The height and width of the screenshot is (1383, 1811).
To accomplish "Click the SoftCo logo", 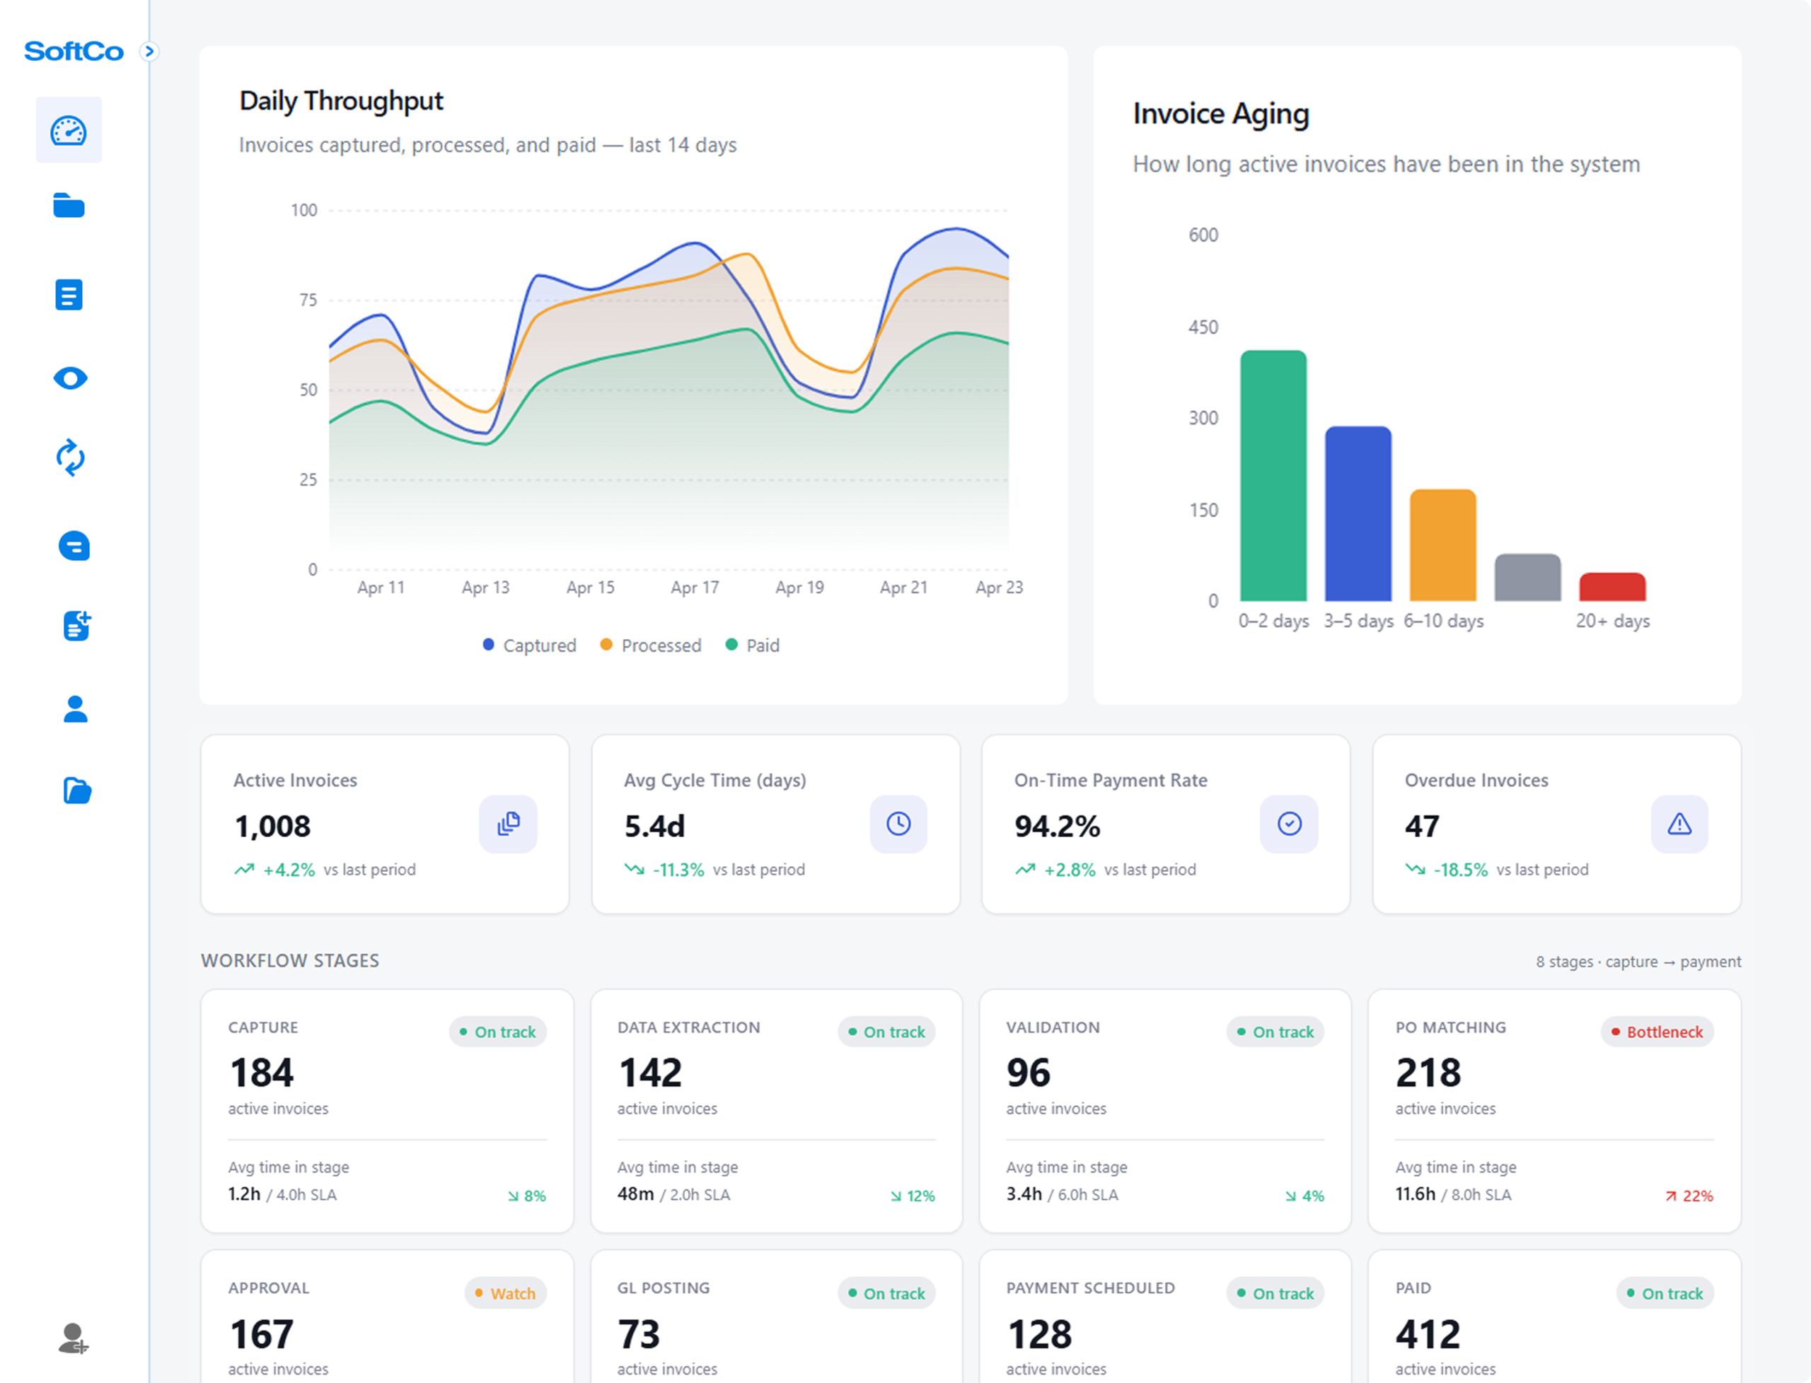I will click(x=74, y=51).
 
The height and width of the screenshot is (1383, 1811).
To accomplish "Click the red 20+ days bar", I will click(x=1612, y=587).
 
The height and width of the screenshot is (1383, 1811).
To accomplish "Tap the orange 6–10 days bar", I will click(x=1443, y=545).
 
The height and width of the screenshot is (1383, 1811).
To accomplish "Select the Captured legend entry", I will click(x=530, y=646).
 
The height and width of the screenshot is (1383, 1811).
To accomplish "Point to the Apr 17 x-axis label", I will click(x=694, y=588).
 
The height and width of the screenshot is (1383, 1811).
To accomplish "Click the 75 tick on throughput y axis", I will click(x=308, y=300).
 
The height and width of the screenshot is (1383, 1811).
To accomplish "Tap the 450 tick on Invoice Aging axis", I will click(x=1203, y=327).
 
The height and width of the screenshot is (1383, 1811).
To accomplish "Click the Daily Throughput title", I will click(x=341, y=100).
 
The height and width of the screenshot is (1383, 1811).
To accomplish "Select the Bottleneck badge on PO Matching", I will click(x=1657, y=1032).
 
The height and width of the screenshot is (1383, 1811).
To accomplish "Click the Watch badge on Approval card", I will click(x=505, y=1293).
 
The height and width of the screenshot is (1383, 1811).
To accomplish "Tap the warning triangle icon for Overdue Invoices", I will click(x=1679, y=824).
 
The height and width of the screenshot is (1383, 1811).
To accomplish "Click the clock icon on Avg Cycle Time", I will click(x=898, y=824).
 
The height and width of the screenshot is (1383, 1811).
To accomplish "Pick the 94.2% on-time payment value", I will click(x=1057, y=826).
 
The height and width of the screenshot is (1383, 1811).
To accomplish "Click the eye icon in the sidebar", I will click(x=70, y=378).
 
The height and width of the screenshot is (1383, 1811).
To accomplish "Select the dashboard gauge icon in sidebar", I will click(x=69, y=130).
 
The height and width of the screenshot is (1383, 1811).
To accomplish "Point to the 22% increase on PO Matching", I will click(x=1689, y=1196).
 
